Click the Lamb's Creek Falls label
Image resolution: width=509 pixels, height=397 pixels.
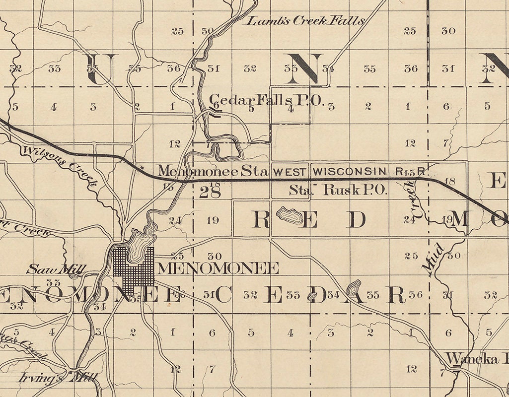[306, 21]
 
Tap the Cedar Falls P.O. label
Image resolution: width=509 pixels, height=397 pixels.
[267, 101]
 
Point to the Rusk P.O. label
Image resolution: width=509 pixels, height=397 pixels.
[355, 190]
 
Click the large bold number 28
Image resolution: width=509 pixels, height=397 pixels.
[210, 193]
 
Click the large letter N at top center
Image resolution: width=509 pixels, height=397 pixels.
[304, 68]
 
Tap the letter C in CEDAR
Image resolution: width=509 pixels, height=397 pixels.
[222, 295]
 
